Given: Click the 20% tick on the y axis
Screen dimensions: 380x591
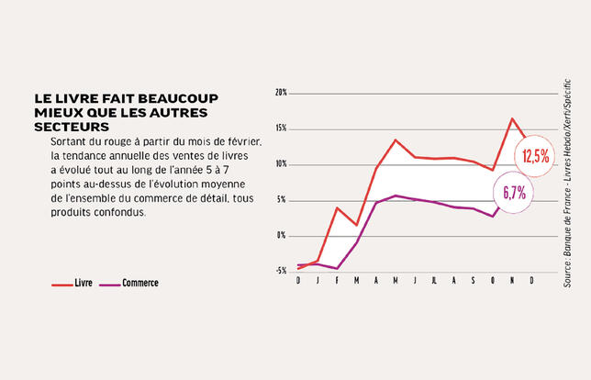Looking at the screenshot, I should (281, 93).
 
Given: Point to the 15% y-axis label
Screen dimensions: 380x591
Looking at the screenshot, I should (281, 129).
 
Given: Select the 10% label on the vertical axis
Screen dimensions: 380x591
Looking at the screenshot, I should (281, 164).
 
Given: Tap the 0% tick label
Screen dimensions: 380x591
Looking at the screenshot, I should (283, 236).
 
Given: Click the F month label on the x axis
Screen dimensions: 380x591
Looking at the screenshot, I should (337, 280).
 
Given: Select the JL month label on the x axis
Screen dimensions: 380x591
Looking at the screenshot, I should (434, 280).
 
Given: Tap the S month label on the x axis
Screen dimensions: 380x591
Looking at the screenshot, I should (474, 280).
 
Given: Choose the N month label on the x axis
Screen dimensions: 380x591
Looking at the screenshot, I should (512, 280).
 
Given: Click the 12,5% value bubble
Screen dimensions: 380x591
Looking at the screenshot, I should (536, 156).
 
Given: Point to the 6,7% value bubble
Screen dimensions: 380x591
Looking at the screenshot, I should (514, 193).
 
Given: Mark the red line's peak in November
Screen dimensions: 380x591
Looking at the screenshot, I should (512, 118).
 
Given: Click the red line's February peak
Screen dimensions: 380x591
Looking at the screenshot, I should (337, 208).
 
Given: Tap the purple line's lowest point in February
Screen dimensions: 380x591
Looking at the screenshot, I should (337, 268).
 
